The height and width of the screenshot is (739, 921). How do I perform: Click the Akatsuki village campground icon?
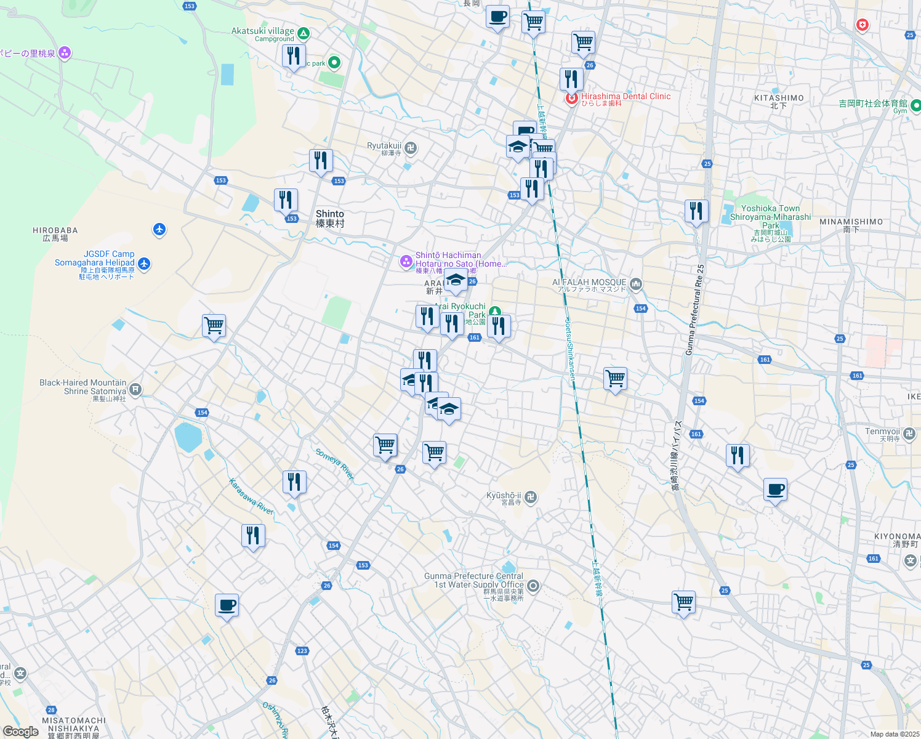[303, 33]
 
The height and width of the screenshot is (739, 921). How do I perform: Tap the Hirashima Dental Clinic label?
[625, 97]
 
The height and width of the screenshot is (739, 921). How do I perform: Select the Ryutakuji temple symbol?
[411, 147]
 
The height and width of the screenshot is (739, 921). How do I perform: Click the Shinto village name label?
[330, 218]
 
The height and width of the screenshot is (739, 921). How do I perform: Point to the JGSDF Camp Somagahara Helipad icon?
[144, 264]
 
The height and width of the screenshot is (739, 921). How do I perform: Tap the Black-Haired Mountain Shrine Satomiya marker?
[135, 389]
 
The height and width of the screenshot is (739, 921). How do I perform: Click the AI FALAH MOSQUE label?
[589, 283]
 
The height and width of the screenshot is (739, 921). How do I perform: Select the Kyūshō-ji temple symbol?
[531, 497]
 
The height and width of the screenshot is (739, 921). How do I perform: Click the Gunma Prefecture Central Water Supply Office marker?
[533, 586]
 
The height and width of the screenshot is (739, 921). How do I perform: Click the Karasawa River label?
[251, 496]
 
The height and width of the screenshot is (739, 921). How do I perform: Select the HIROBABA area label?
[55, 234]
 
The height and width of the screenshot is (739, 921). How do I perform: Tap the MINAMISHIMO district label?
[851, 225]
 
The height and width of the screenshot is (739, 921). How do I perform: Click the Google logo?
[20, 732]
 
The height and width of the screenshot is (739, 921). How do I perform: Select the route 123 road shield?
[302, 650]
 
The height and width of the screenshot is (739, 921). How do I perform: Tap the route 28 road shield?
[51, 710]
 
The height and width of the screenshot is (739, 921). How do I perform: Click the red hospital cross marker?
[863, 25]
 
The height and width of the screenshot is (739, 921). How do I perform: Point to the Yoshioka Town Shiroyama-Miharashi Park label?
[770, 217]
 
